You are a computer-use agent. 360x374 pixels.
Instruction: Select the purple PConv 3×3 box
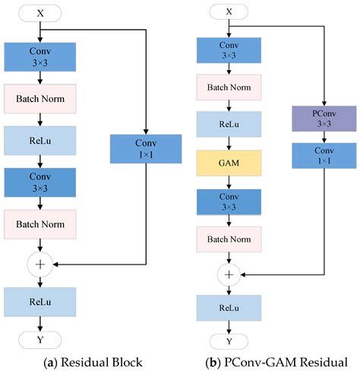(325, 118)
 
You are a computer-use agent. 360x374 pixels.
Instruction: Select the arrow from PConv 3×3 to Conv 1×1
(325, 138)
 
